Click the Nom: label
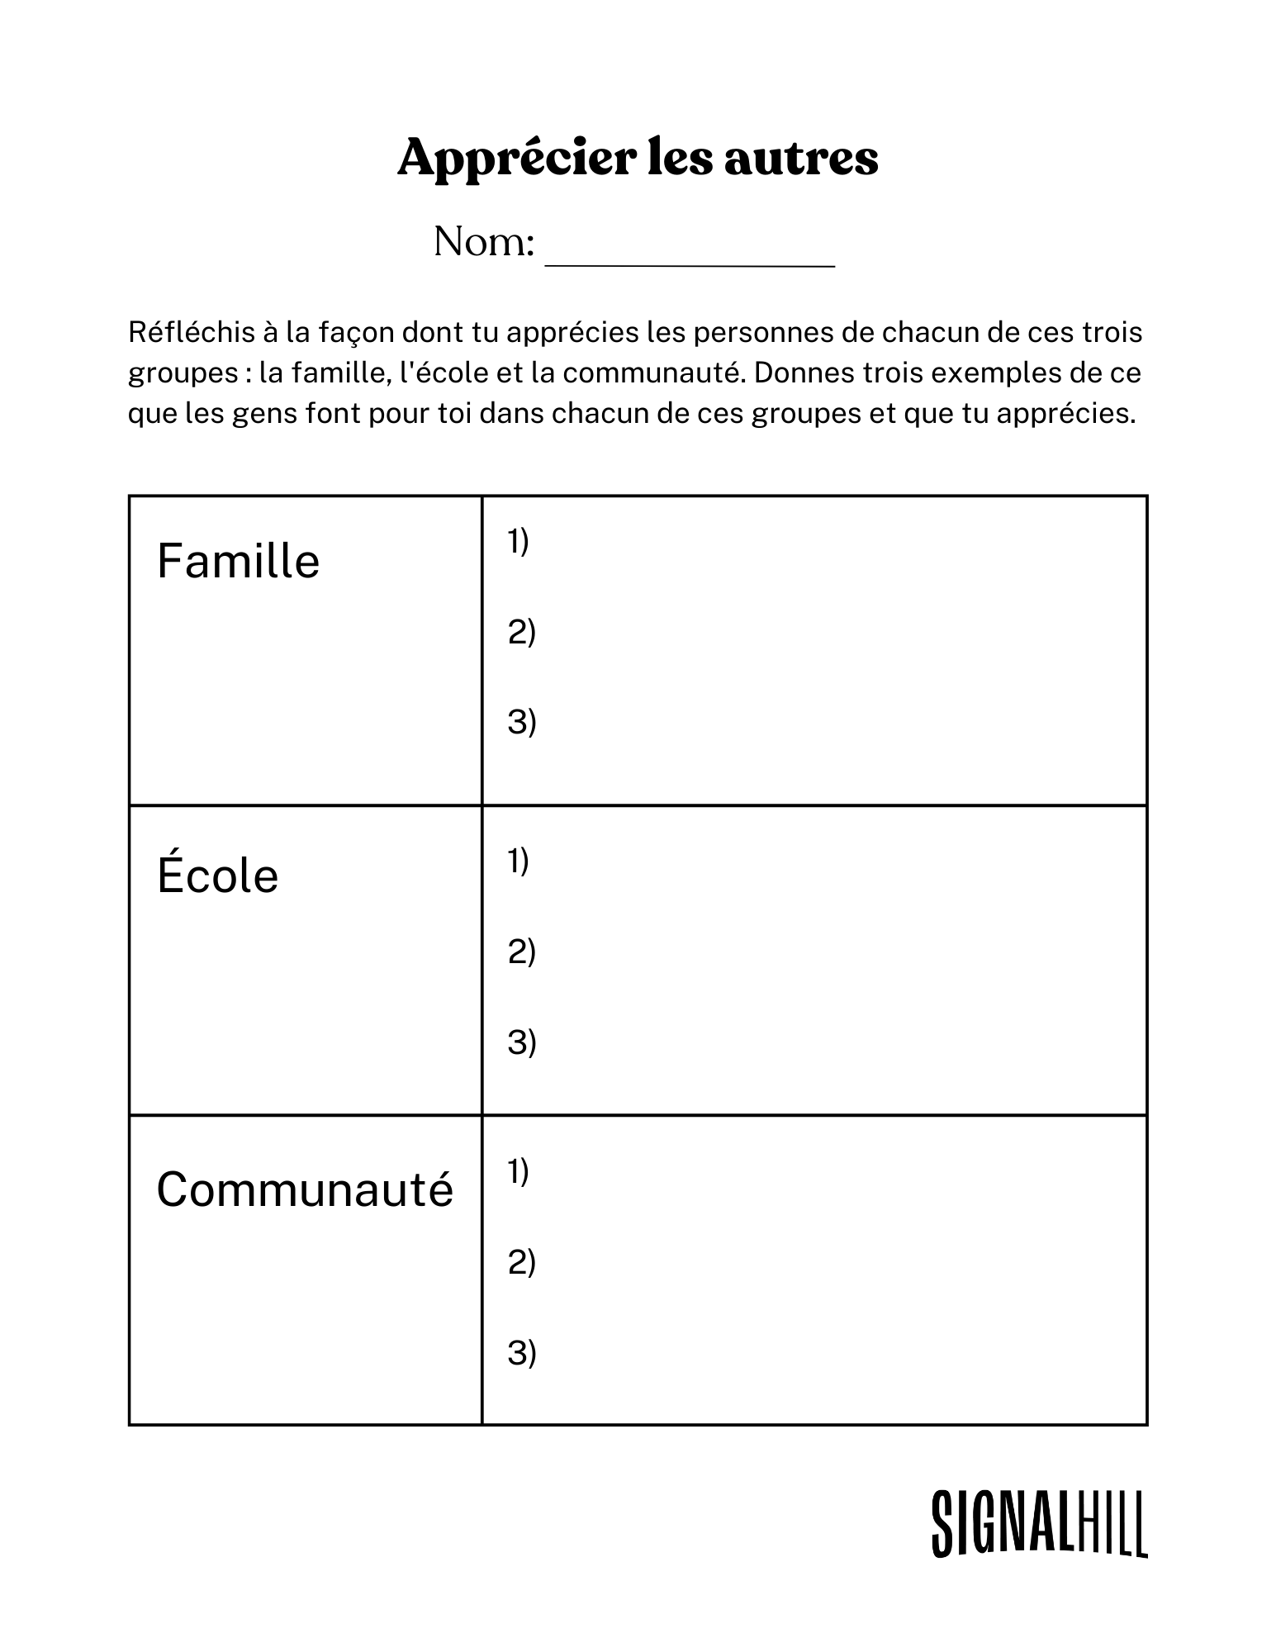[x=484, y=242]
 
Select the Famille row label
[x=238, y=562]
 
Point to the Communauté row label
[x=305, y=1189]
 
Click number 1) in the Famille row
[x=518, y=542]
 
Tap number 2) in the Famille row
[x=521, y=633]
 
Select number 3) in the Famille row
[x=521, y=722]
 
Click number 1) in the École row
[x=518, y=862]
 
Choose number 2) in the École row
[x=521, y=952]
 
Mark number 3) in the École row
[x=521, y=1042]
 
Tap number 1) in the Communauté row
[x=518, y=1171]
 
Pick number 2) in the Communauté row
[x=521, y=1262]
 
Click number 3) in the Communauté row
[x=521, y=1352]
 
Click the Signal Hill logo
[x=1039, y=1524]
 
